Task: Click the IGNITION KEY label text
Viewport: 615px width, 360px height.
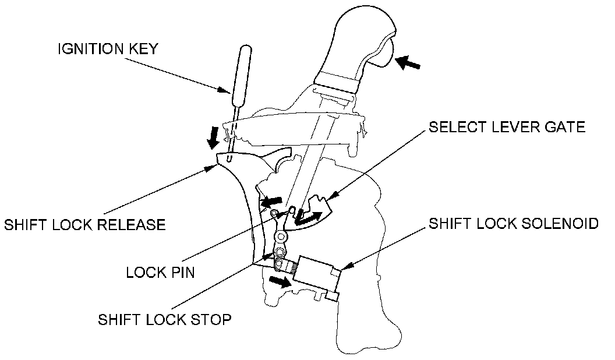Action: [107, 49]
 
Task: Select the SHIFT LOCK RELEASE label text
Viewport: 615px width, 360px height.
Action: [84, 224]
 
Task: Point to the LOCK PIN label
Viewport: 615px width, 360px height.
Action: [160, 272]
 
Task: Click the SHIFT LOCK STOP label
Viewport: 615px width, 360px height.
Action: [165, 319]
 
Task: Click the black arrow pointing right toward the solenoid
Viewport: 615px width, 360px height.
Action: [279, 282]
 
